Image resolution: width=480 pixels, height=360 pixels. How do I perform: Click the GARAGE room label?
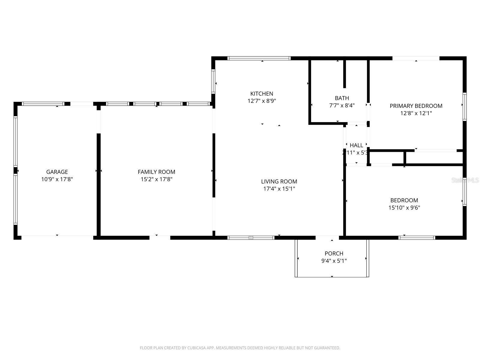coord(57,172)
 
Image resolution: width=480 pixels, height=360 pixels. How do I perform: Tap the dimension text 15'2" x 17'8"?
coord(156,179)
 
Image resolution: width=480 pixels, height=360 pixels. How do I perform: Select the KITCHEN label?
coord(262,94)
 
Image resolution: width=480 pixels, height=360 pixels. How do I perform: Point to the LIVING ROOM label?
coord(279,181)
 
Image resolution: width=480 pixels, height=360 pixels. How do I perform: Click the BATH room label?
coord(342,98)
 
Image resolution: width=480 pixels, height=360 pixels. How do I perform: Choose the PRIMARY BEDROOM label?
coord(416,106)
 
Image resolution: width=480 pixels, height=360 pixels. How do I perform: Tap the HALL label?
coord(356,145)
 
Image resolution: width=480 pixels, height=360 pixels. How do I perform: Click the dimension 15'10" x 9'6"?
coord(404,208)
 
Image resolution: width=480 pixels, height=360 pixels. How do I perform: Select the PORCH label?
coord(334,253)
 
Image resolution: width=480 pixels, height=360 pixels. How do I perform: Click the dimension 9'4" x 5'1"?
coord(334,261)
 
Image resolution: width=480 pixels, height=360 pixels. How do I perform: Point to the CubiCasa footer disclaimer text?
coord(240,348)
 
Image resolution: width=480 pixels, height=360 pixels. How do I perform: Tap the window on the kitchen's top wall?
coord(259,58)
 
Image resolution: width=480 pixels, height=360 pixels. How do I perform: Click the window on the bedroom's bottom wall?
coord(417,238)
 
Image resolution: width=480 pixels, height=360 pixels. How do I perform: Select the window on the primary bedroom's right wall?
coord(464,106)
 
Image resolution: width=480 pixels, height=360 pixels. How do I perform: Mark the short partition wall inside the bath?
coord(345,74)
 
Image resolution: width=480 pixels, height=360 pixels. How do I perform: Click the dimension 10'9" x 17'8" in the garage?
coord(57,179)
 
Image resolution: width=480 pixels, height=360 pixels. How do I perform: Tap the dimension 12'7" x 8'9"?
coord(262,101)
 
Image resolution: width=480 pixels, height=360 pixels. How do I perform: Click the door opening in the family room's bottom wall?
coord(160,238)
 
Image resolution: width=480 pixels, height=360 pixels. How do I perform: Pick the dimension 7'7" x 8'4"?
coord(342,106)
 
